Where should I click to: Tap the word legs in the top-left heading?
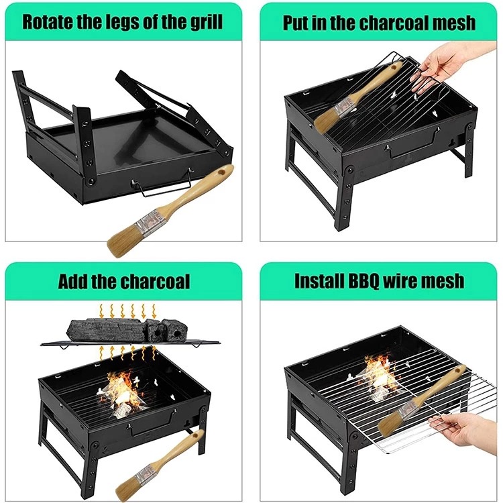(x=124, y=22)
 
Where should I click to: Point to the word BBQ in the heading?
(x=360, y=281)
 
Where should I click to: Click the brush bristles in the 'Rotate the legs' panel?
(x=124, y=241)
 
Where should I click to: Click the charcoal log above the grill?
(x=106, y=330)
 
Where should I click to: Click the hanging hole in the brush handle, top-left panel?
(x=221, y=172)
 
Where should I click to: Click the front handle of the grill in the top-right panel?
(x=414, y=146)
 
